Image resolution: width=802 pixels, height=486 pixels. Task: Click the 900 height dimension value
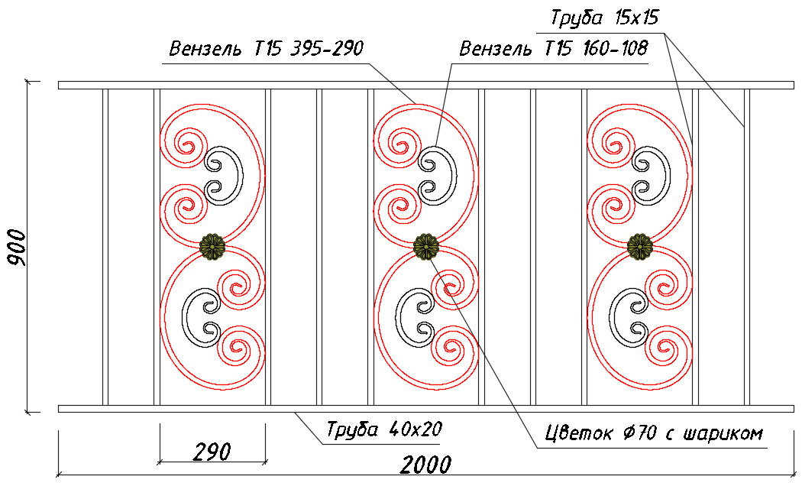[x=17, y=248]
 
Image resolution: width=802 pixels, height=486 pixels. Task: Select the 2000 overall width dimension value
[x=425, y=465]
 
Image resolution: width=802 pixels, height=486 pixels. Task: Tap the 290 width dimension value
[x=212, y=452]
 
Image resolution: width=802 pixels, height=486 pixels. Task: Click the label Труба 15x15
[x=605, y=18]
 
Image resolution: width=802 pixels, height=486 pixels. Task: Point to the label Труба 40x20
[x=384, y=429]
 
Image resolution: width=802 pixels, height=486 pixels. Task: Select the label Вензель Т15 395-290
[x=266, y=49]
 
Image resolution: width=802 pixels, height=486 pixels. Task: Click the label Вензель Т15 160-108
[x=554, y=49]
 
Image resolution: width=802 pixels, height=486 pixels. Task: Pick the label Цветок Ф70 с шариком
[x=654, y=433]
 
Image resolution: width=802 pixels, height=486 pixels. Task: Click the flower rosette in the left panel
[x=212, y=247]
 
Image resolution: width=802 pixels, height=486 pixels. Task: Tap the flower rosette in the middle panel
[x=426, y=247]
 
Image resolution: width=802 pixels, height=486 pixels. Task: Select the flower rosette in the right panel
[x=640, y=247]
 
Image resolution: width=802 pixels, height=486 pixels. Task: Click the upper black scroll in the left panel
[x=242, y=176]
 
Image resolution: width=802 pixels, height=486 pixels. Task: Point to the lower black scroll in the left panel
[x=183, y=317]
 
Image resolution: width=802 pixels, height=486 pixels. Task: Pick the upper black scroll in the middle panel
[x=456, y=176]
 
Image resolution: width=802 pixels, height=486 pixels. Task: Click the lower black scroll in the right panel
[x=611, y=317]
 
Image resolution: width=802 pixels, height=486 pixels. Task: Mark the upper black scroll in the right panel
[x=670, y=176]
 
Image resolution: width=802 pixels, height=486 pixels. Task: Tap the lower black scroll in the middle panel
[x=397, y=317]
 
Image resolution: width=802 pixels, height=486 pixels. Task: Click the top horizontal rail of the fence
[x=426, y=85]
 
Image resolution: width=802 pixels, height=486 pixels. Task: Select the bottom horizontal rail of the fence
[x=426, y=409]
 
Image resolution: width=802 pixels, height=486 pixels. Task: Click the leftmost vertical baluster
[x=105, y=247]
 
